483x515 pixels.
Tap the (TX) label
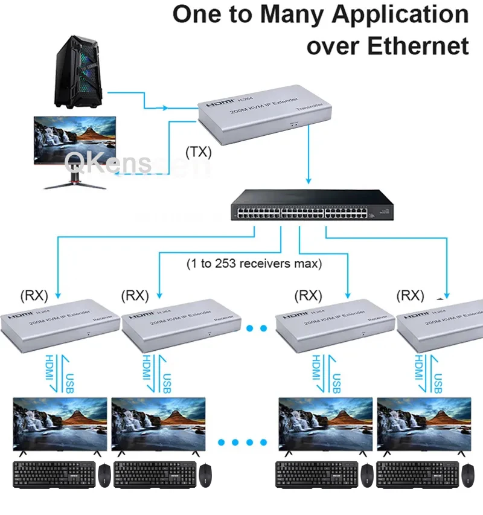(199, 152)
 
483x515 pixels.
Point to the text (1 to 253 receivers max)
(254, 263)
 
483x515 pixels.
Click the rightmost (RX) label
(410, 295)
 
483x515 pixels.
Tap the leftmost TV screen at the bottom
(60, 423)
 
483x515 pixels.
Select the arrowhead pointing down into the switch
(309, 181)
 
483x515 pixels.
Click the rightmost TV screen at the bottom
(423, 423)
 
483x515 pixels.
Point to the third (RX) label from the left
(308, 295)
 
